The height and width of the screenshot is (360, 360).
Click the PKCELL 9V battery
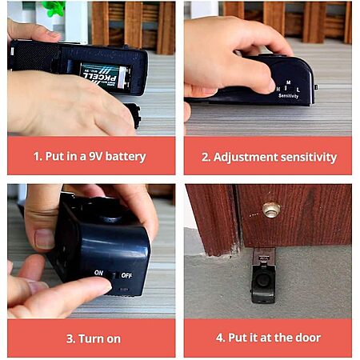(x=106, y=76)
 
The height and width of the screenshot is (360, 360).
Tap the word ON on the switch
(x=98, y=273)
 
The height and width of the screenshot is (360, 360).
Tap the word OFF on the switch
(x=126, y=275)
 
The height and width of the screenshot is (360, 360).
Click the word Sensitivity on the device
(x=288, y=96)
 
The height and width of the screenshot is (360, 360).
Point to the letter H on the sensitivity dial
(x=278, y=89)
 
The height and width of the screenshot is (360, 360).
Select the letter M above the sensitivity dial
(x=288, y=82)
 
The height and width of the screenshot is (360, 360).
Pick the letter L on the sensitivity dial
(x=298, y=90)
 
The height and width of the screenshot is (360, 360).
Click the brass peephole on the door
(x=271, y=210)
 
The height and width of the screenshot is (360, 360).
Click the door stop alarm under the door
(x=263, y=276)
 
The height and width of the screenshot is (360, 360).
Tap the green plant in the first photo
(x=54, y=8)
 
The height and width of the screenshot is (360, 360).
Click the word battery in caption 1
(x=126, y=156)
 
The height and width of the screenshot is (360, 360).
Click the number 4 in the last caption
(x=220, y=338)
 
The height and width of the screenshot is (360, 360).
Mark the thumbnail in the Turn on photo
(x=45, y=238)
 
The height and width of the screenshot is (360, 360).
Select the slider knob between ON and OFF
(x=110, y=274)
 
